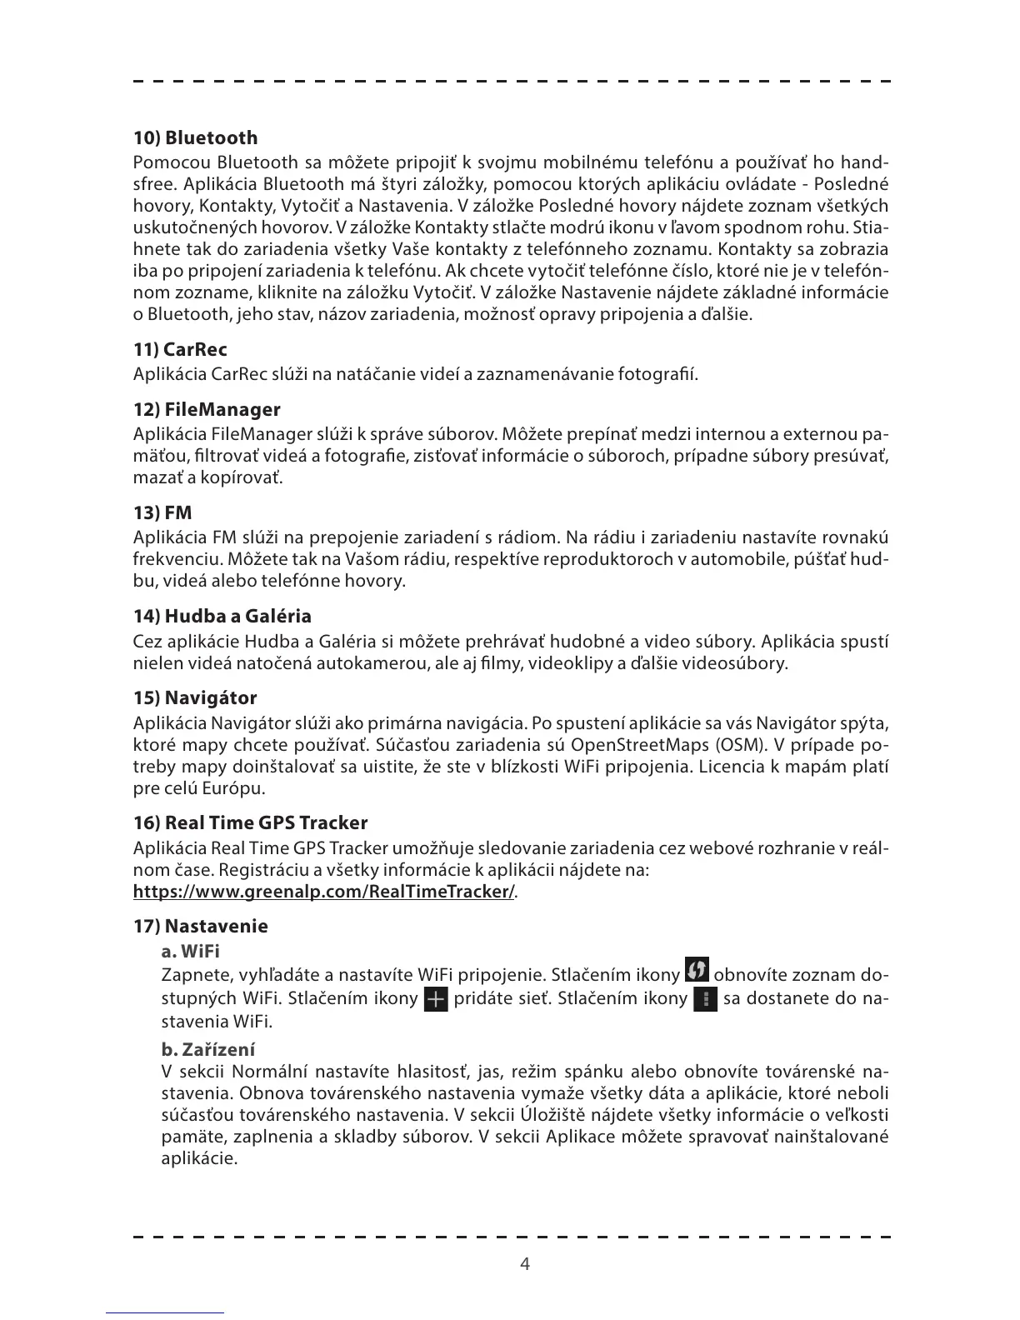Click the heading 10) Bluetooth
point(196,138)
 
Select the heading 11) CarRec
point(180,350)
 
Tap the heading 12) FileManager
point(207,410)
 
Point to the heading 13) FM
point(162,513)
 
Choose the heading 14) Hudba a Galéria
point(222,617)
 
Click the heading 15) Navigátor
point(195,698)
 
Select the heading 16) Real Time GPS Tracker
point(250,823)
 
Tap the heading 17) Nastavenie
point(201,927)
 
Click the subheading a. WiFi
point(190,951)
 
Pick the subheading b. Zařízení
point(208,1049)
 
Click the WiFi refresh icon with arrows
point(697,970)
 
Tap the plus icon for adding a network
point(436,998)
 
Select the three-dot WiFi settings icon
point(705,998)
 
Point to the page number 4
point(525,1264)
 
